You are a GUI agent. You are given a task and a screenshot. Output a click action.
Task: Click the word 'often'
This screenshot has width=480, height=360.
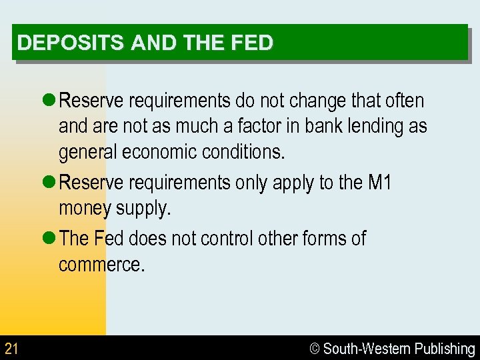click(x=403, y=101)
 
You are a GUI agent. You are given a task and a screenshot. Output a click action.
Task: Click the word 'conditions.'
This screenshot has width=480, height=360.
click(x=248, y=152)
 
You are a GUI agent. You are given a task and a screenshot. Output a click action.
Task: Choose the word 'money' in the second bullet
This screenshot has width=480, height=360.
click(x=85, y=209)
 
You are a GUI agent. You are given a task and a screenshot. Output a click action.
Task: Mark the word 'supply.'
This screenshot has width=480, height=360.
click(x=143, y=209)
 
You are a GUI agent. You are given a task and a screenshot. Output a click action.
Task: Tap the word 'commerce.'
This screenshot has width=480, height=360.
click(x=101, y=264)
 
